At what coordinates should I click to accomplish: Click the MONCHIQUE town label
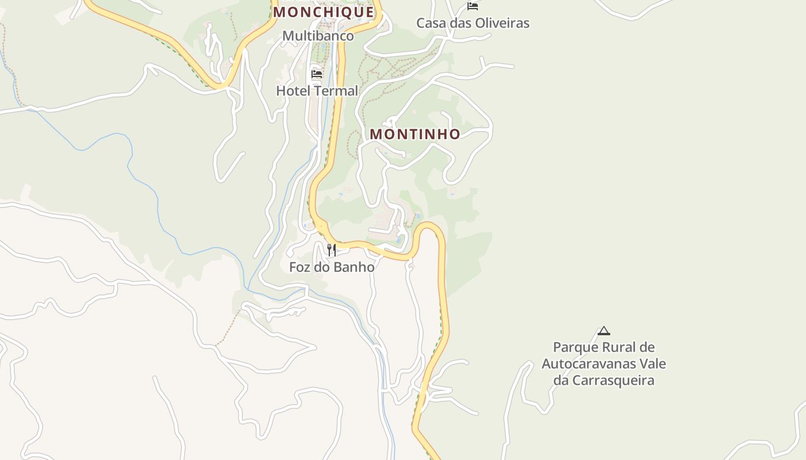pos(323,11)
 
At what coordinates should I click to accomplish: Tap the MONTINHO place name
pos(415,134)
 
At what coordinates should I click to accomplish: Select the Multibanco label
pos(318,36)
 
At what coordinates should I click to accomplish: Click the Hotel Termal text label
pos(317,91)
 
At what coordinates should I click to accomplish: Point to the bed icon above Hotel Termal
pos(316,74)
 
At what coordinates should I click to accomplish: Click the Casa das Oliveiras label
pos(473,23)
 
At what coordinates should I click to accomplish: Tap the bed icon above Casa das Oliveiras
pos(473,6)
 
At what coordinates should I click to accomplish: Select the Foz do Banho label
pos(332,267)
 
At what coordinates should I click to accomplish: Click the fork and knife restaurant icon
pos(331,250)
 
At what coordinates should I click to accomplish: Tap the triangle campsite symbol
pos(603,331)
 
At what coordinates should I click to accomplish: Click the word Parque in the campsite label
pos(576,347)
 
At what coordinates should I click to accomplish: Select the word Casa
pos(429,23)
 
